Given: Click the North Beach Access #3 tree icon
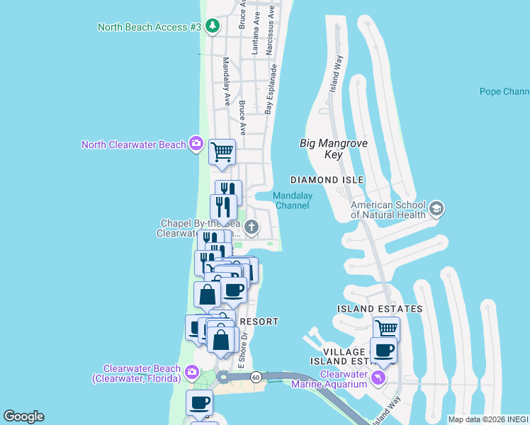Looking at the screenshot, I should [x=213, y=26].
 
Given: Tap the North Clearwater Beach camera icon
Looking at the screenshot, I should [x=196, y=144].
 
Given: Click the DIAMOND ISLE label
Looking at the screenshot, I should [x=327, y=180].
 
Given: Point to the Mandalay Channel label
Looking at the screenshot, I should [x=292, y=200].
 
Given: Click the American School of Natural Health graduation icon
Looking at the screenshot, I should [x=436, y=209].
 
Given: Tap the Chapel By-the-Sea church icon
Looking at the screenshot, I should [x=252, y=227].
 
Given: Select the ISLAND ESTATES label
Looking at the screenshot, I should [x=380, y=309].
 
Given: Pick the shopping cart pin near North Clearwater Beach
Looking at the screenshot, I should [x=222, y=151].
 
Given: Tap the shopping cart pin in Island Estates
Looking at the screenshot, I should [x=386, y=329].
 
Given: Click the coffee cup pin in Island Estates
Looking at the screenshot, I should [x=383, y=350].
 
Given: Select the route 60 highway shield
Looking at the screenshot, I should [x=255, y=377].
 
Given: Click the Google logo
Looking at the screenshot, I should [x=23, y=416].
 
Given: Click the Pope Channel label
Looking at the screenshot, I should [x=504, y=91].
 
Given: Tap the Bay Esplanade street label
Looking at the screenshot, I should [x=270, y=89].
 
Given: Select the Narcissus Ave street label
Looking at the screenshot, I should [x=269, y=32].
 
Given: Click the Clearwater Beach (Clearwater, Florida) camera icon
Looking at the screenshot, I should [x=192, y=371].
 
